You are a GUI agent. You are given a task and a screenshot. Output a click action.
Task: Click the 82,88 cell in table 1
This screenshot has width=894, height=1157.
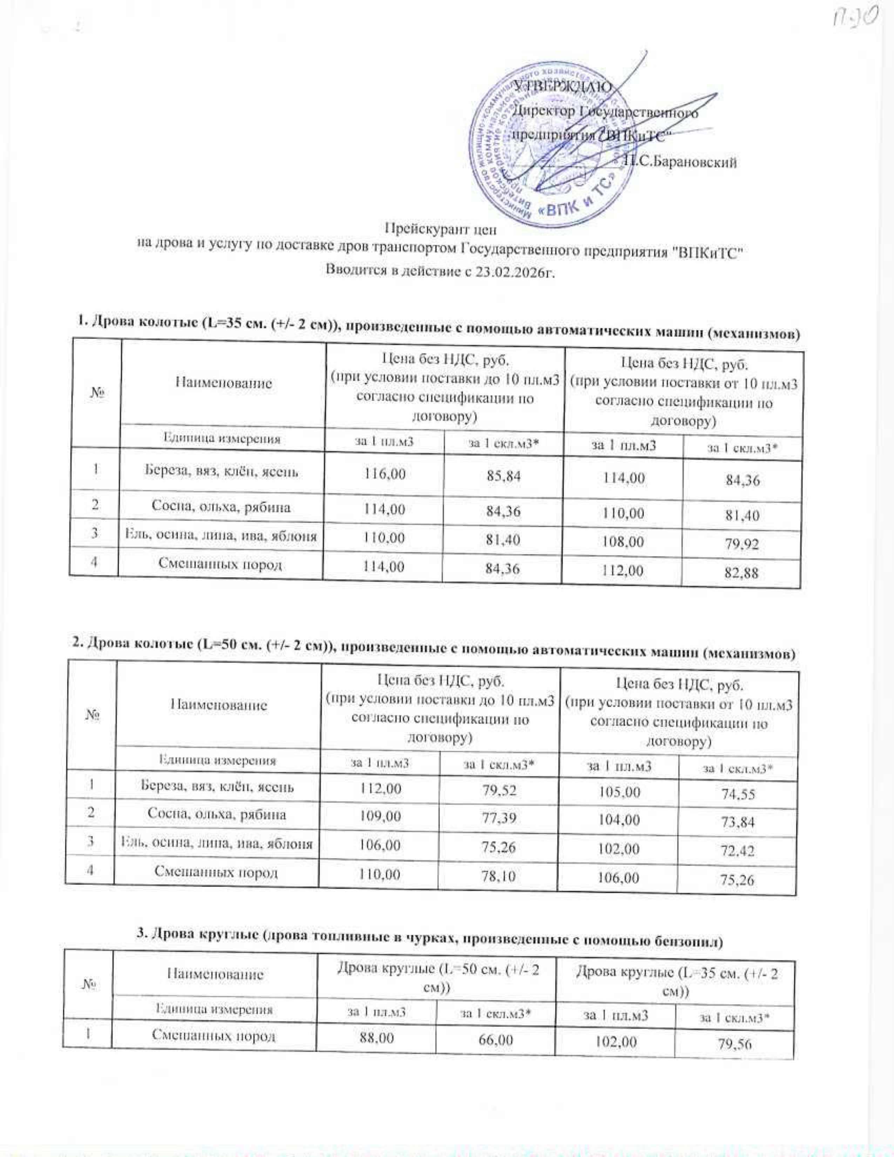pyautogui.click(x=741, y=573)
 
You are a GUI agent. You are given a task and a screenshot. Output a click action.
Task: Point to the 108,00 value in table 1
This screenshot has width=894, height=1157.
pyautogui.click(x=623, y=542)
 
